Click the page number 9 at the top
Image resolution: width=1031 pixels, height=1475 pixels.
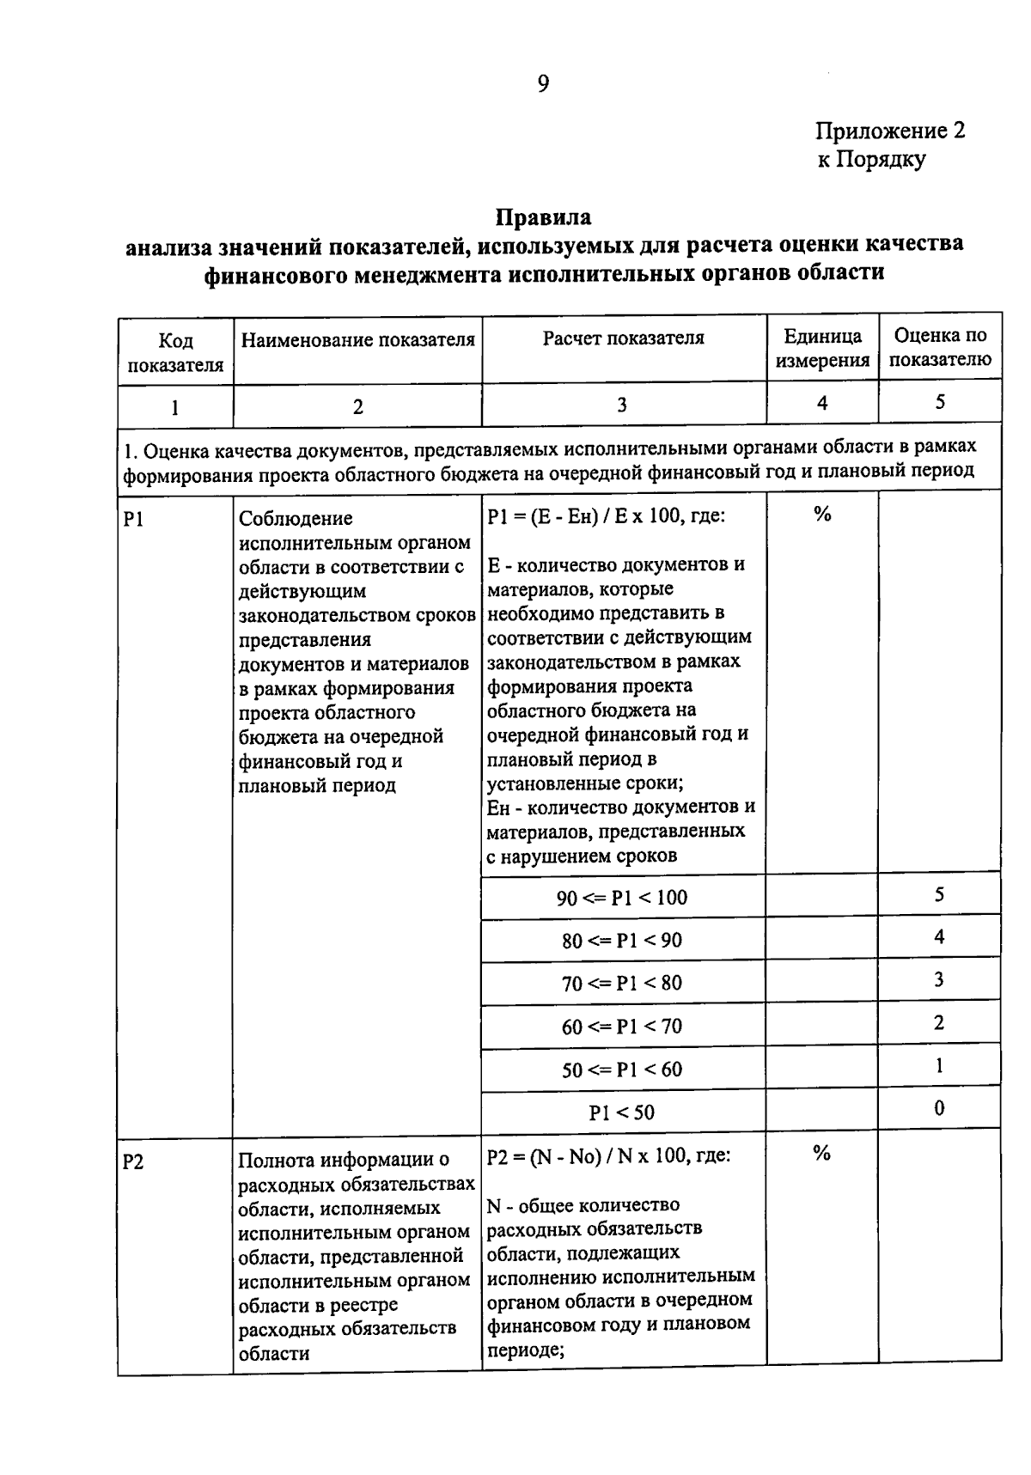pos(543,83)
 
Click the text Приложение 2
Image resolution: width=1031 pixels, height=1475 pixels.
pos(890,131)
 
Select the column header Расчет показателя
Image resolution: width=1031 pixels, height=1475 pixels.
pos(623,338)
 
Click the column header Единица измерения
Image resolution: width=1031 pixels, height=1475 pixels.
pos(822,348)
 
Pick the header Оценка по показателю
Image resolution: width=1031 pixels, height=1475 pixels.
pos(940,347)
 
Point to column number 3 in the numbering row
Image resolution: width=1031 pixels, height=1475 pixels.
pos(622,405)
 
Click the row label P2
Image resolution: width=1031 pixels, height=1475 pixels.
pos(133,1162)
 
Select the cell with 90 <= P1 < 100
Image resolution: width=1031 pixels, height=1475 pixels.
pos(622,898)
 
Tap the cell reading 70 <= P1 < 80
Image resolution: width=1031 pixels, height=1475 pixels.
pos(622,984)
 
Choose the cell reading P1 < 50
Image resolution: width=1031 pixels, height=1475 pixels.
pos(622,1112)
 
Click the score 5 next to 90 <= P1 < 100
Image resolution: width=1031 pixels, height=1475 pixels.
pos(939,894)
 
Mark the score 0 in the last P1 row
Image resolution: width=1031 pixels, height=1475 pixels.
pos(939,1108)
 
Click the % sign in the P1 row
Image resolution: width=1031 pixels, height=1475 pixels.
pos(822,515)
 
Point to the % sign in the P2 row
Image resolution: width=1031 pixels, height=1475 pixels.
pos(822,1154)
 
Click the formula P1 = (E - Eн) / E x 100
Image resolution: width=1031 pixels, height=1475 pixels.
pos(605,516)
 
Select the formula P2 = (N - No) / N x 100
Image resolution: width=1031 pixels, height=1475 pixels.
pos(608,1156)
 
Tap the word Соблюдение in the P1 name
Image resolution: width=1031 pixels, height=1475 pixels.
pos(296,519)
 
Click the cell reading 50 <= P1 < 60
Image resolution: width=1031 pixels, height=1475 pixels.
pos(622,1070)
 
